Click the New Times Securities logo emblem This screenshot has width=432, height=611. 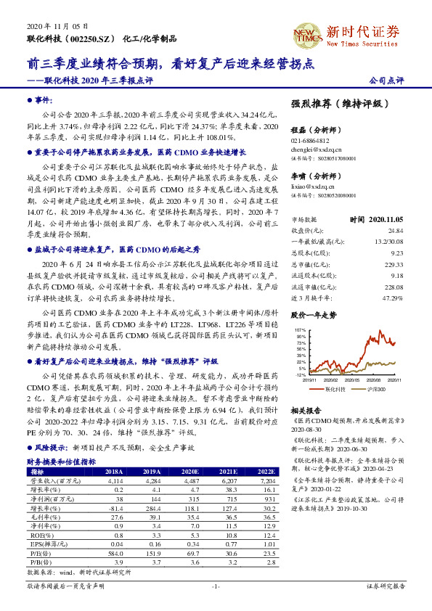[x=305, y=33]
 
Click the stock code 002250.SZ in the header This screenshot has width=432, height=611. [x=92, y=36]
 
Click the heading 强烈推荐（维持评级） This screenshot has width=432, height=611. [x=338, y=104]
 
